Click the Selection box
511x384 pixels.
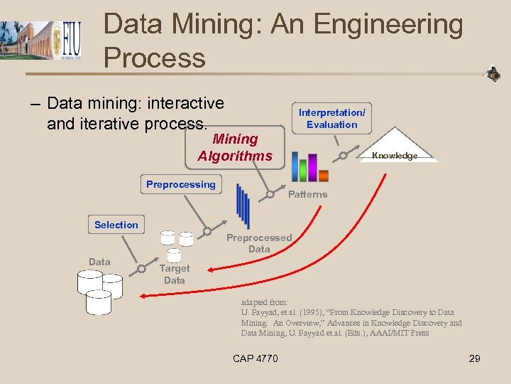(116, 225)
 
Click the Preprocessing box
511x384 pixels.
(180, 184)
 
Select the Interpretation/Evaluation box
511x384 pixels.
(331, 119)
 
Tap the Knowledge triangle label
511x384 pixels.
(395, 156)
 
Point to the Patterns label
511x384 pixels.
(307, 194)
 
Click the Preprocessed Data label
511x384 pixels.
(259, 243)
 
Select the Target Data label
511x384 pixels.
(174, 274)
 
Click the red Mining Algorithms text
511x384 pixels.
(234, 147)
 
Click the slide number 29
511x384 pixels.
(474, 358)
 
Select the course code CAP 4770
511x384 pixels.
(255, 358)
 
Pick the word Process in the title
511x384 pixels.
(154, 58)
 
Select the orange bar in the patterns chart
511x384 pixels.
(324, 175)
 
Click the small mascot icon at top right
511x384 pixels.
(491, 73)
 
